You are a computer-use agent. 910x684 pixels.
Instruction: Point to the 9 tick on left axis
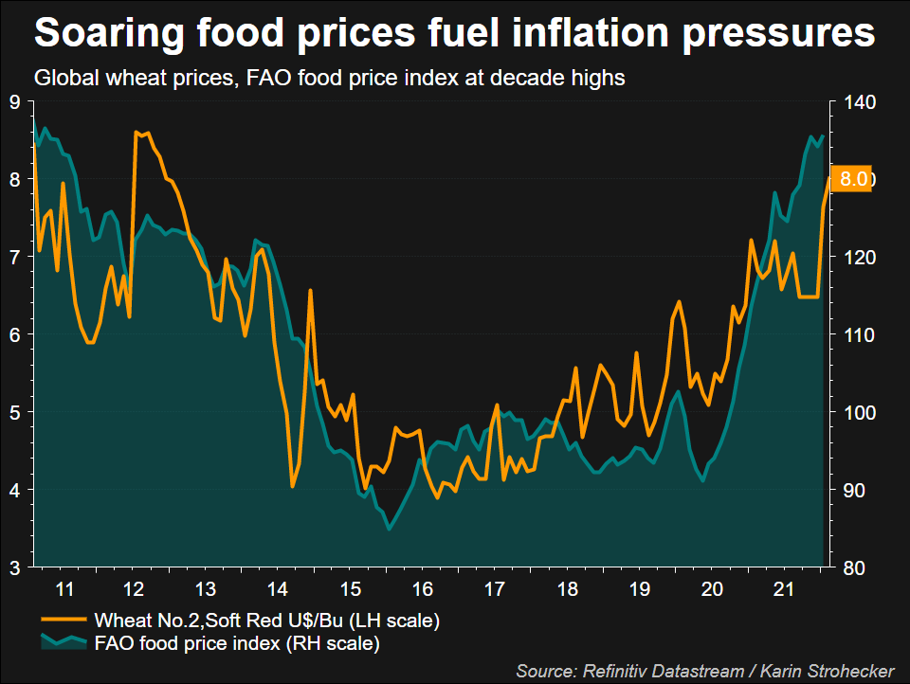click(x=16, y=102)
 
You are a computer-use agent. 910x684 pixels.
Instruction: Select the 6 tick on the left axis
click(x=16, y=334)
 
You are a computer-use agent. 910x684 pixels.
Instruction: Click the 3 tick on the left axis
click(x=16, y=567)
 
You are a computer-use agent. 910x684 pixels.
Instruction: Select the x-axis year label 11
click(x=64, y=589)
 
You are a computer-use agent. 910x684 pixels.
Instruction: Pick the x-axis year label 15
click(x=353, y=589)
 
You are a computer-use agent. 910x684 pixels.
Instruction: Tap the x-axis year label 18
click(x=567, y=589)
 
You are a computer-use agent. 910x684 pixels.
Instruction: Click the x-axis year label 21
click(x=783, y=589)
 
